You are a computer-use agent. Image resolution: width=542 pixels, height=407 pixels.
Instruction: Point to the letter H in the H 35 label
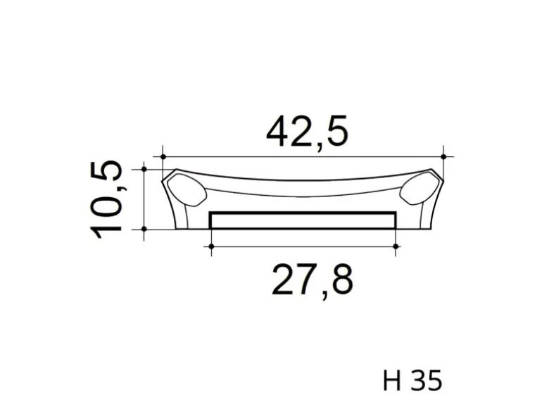(392, 380)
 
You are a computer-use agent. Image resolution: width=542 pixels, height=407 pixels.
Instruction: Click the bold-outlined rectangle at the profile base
(303, 220)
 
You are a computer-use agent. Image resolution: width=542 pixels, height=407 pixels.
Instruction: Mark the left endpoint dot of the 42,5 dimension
(163, 156)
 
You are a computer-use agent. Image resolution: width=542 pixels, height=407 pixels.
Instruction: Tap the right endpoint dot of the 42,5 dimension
(443, 156)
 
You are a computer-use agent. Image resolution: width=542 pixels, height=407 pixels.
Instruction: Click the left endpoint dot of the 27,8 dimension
(210, 246)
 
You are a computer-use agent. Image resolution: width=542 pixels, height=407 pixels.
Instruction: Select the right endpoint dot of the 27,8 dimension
(396, 246)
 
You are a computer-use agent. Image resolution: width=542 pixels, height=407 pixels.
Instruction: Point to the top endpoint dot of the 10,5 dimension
(144, 169)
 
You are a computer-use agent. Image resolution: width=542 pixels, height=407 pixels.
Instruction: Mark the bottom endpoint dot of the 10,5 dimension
(144, 229)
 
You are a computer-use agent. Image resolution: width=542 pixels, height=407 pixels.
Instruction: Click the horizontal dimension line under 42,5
(303, 156)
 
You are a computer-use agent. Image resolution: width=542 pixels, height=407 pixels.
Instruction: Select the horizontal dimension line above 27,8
(303, 246)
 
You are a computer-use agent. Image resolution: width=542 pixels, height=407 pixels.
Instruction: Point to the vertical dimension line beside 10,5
(144, 199)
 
